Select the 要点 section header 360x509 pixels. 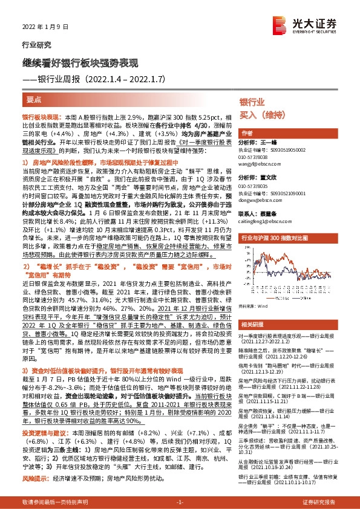tap(34, 99)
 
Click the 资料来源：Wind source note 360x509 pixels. tap(254, 307)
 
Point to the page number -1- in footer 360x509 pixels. tap(179, 502)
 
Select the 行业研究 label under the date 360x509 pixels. tap(33, 45)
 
